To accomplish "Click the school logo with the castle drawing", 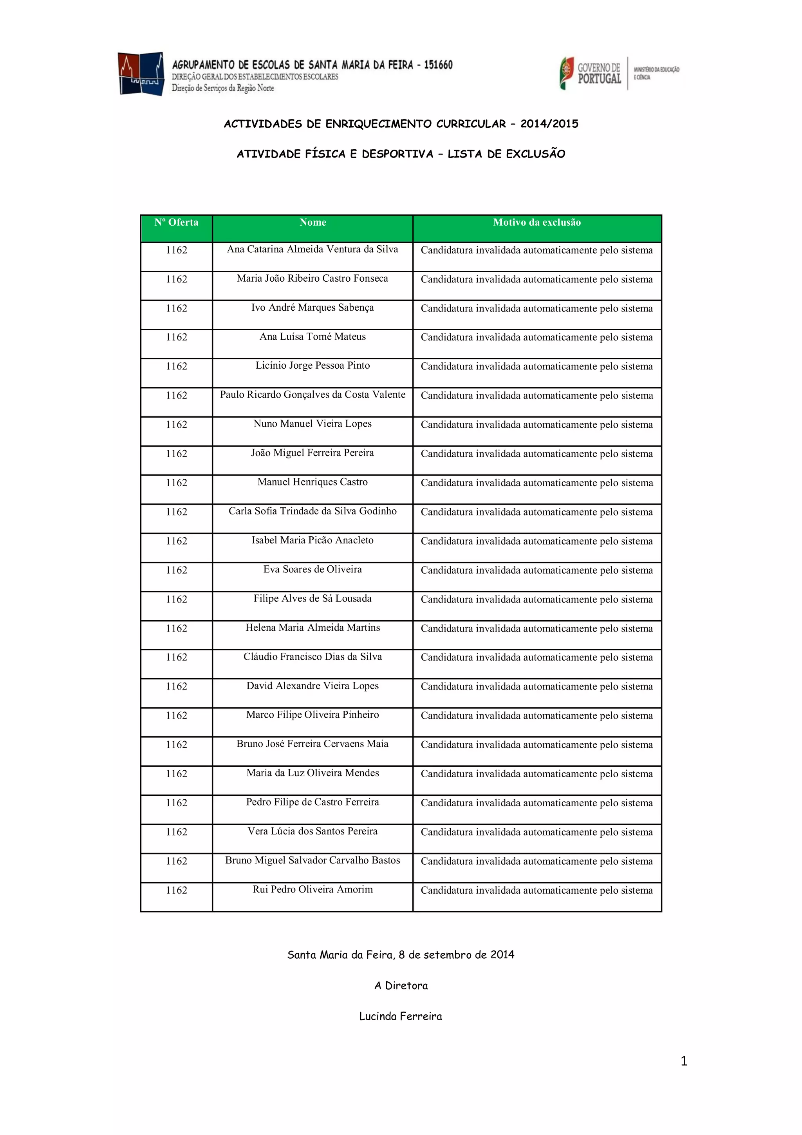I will (141, 74).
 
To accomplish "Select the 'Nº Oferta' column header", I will (176, 223).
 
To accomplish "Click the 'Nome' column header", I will (313, 223).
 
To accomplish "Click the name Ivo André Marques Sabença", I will (312, 308).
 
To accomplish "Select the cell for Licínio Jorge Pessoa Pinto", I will (312, 366).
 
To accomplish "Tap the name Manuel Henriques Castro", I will (312, 482).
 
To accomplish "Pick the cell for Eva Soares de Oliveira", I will (312, 570).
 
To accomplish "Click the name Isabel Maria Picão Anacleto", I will (312, 540).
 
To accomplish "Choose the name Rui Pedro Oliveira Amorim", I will (312, 889).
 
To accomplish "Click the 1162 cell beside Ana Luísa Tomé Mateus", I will (176, 337).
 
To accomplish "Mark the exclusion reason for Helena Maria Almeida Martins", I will (536, 628).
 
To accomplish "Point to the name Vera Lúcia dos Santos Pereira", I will (312, 831).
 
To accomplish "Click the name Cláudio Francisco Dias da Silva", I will (312, 657).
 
